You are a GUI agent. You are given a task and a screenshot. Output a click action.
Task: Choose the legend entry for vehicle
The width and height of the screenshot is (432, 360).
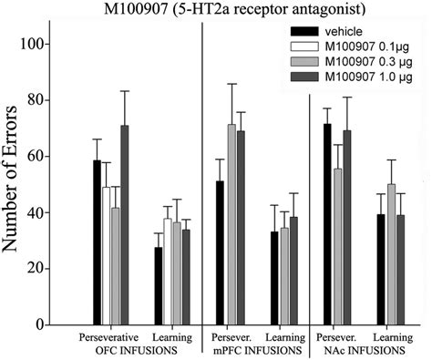coord(350,32)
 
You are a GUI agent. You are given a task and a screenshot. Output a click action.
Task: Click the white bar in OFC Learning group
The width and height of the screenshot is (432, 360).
coord(166,272)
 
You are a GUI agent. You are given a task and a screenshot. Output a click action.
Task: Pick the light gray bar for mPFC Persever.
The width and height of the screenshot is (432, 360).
coord(231,224)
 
